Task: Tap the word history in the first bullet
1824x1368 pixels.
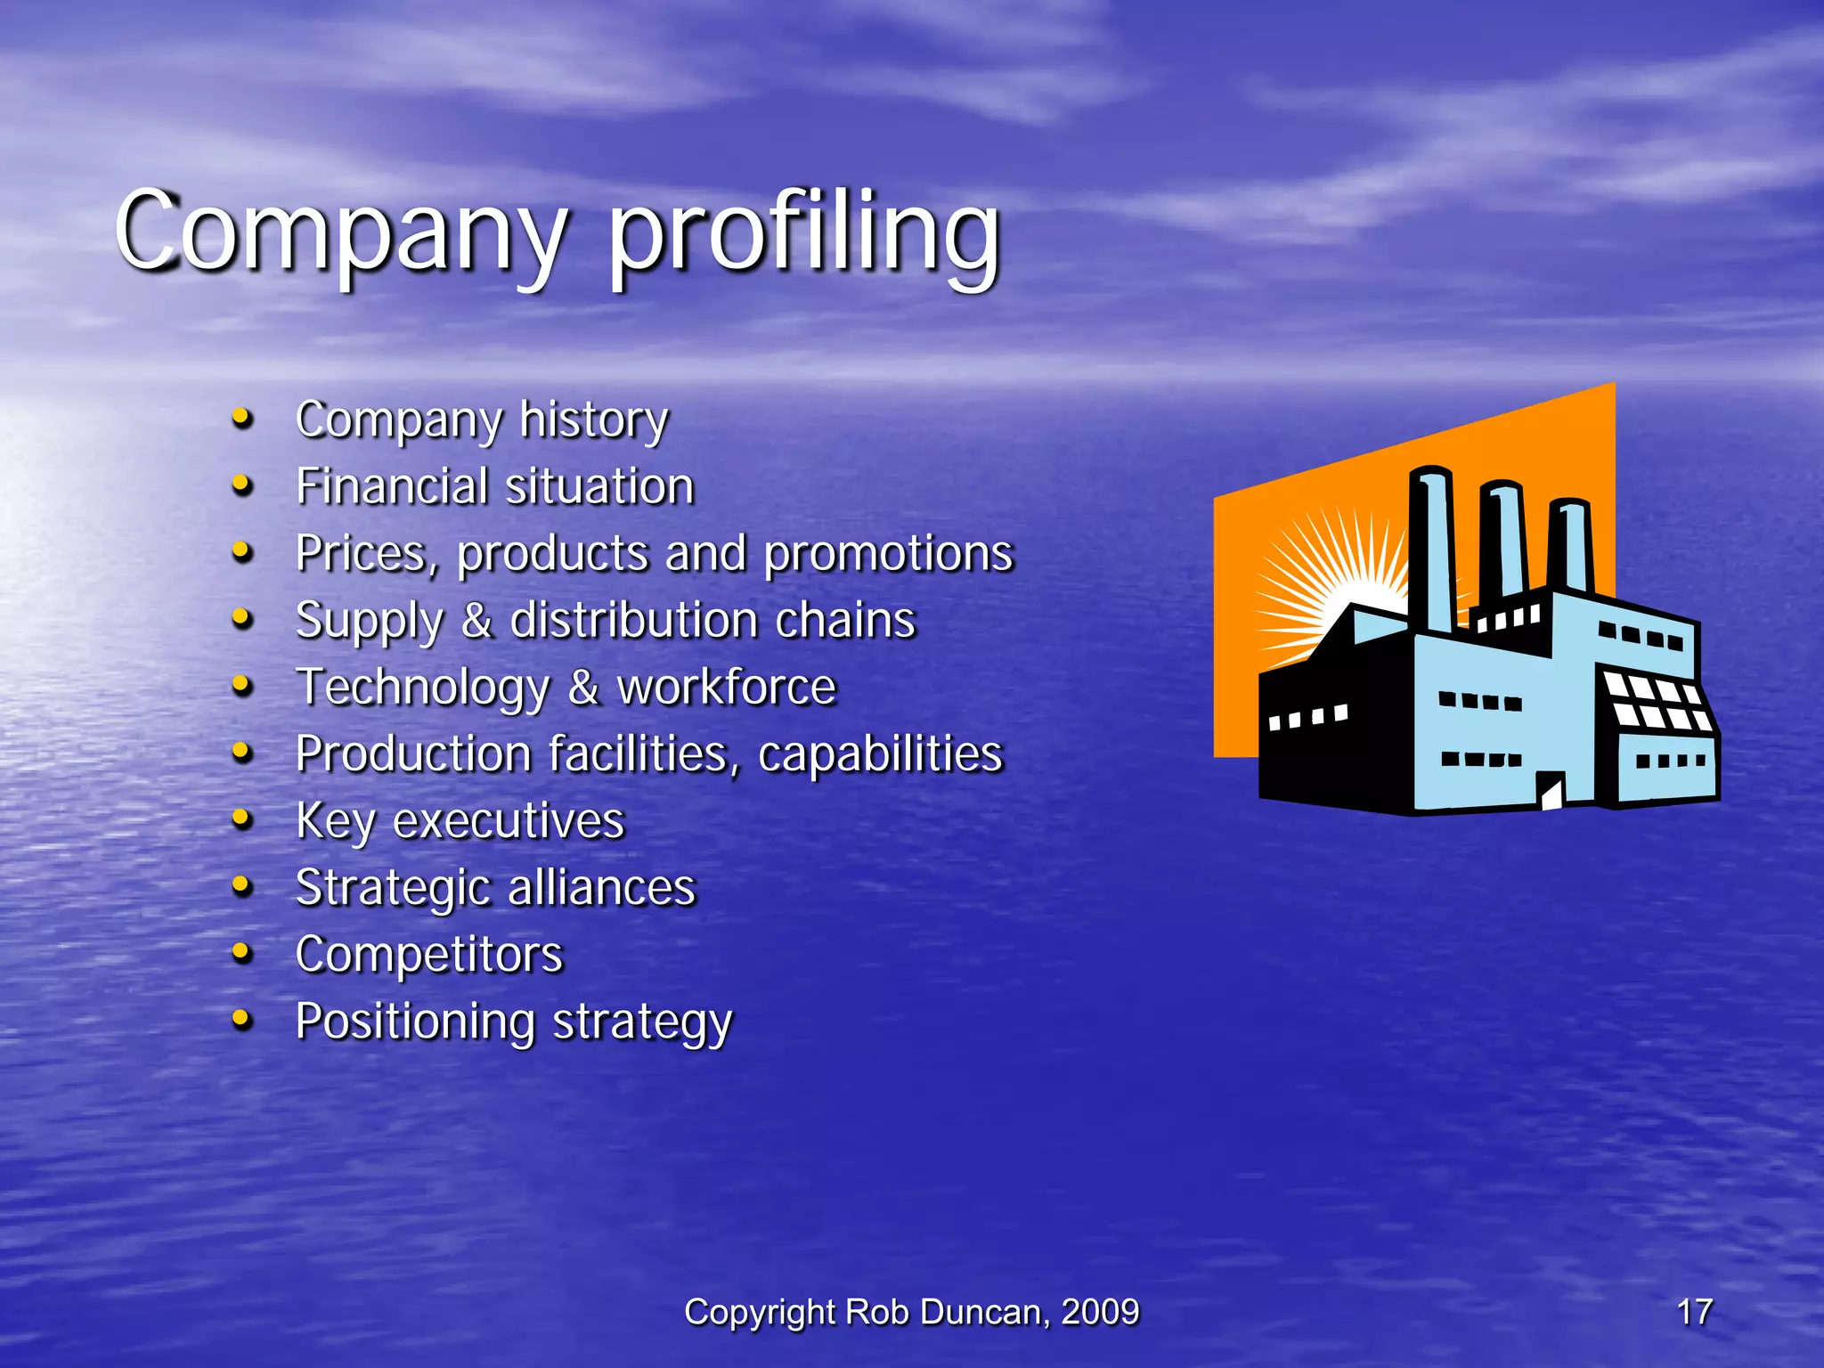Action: (593, 419)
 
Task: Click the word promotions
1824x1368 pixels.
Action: (888, 553)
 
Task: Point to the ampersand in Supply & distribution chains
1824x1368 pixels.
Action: (476, 620)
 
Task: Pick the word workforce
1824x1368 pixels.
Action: (727, 687)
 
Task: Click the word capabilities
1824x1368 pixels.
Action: (880, 753)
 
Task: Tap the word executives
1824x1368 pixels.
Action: (509, 820)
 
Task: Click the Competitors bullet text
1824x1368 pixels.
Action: (429, 954)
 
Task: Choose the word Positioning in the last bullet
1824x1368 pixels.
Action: (415, 1021)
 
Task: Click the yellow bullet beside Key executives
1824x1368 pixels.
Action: (241, 818)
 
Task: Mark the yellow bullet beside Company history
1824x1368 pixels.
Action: (241, 417)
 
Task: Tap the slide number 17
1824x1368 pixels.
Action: (1694, 1312)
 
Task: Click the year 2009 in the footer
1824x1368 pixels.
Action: (1100, 1312)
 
